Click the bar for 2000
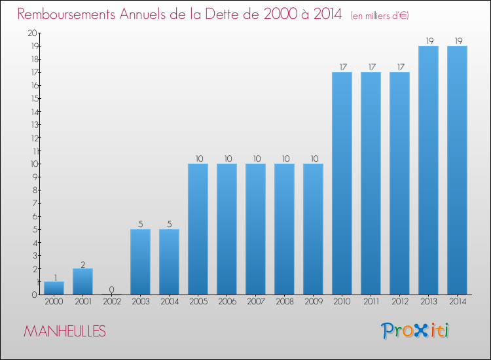point(54,288)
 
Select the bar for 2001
point(82,281)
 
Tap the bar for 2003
point(140,262)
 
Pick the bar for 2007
point(255,229)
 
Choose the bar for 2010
point(342,183)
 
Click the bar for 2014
point(457,170)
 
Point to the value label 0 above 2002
point(111,289)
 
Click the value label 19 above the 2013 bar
point(428,41)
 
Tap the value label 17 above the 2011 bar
point(371,67)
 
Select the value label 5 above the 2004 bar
point(169,224)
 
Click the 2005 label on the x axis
point(198,302)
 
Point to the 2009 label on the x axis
point(313,302)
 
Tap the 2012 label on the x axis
point(399,302)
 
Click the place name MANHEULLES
point(64,331)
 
